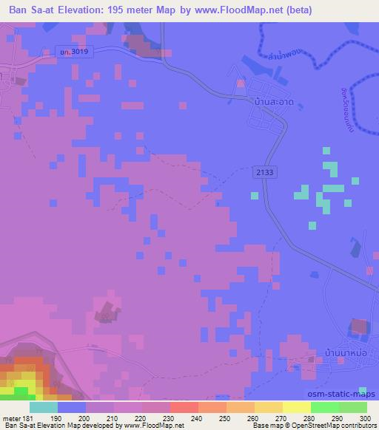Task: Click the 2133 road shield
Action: pyautogui.click(x=267, y=171)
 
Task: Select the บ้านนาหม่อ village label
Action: pyautogui.click(x=327, y=353)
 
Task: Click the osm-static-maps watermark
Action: pyautogui.click(x=337, y=395)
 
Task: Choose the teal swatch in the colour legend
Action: pyautogui.click(x=44, y=407)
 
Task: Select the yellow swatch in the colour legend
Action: pyautogui.click(x=297, y=407)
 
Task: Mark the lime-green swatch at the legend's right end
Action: pyautogui.click(x=353, y=407)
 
